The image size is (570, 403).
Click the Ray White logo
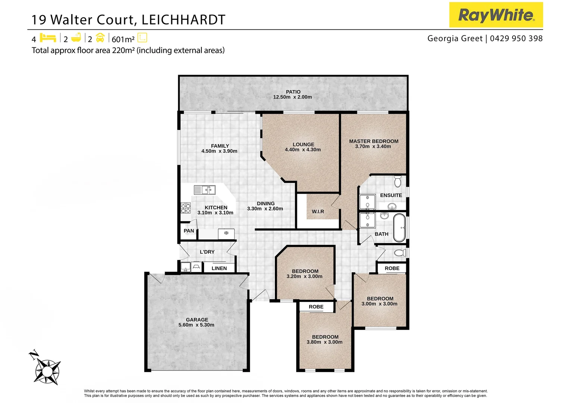[495, 15]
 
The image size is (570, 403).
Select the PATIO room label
[293, 92]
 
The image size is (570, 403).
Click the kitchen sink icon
[205, 190]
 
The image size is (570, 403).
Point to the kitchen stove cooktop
[185, 208]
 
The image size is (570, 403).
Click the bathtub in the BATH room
[399, 228]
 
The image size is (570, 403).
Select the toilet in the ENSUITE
[398, 182]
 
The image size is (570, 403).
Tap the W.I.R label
[318, 212]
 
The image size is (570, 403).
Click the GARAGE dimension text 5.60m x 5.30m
[196, 325]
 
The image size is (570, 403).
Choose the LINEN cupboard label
[219, 268]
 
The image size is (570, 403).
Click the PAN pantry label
[189, 231]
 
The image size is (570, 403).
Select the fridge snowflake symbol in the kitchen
[226, 233]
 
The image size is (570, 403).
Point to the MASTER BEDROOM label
[373, 141]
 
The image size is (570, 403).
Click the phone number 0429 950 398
[516, 38]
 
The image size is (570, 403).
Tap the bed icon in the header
[48, 38]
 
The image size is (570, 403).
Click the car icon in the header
[100, 38]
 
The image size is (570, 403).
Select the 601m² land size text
[123, 39]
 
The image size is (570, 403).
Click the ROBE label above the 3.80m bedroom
[316, 307]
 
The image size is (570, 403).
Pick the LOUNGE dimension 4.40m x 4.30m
[303, 150]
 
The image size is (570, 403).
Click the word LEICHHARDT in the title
[183, 20]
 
